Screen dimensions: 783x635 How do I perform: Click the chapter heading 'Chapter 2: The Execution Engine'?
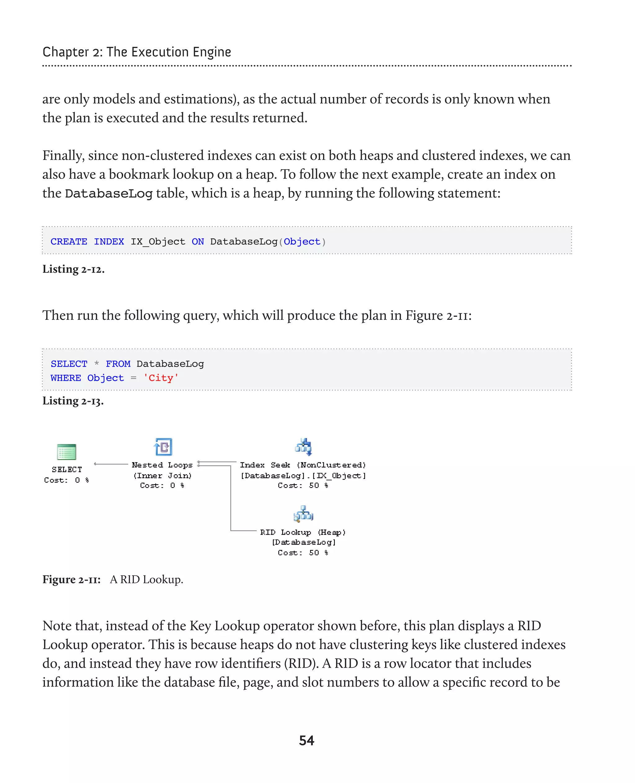(137, 52)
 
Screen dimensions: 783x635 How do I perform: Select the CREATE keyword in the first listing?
(69, 241)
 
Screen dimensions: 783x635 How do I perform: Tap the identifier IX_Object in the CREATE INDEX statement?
(158, 241)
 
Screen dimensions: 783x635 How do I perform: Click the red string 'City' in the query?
(161, 378)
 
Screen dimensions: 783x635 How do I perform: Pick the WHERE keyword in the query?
(66, 378)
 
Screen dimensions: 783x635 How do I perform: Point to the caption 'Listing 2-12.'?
(73, 269)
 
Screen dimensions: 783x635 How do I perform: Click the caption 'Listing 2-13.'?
(73, 401)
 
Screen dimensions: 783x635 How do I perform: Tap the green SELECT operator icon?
(67, 452)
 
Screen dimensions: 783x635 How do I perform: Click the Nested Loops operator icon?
(163, 447)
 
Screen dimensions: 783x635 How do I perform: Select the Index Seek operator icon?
(303, 447)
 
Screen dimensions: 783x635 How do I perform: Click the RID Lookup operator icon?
(303, 514)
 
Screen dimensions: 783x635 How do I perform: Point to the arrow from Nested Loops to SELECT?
(111, 464)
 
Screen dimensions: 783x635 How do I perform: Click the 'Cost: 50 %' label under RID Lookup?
(303, 553)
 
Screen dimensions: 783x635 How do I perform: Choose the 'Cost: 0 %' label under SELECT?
(67, 480)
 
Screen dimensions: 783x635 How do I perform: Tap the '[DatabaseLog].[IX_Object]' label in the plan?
(303, 476)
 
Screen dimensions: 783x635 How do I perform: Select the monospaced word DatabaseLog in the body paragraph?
(109, 193)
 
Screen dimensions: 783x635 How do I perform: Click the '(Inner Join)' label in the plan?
(162, 476)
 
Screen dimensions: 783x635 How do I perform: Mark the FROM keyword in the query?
(118, 364)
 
